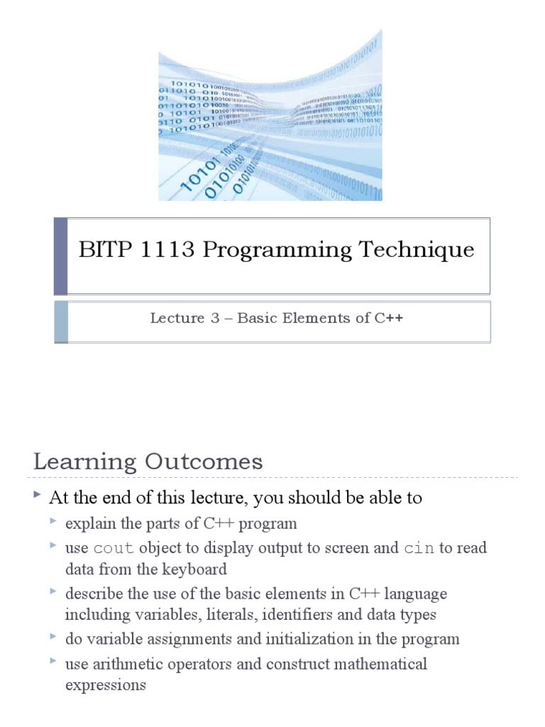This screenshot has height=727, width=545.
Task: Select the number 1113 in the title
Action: tap(168, 250)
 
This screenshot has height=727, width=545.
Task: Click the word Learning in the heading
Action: tap(84, 462)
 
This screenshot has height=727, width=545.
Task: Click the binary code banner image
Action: tap(270, 115)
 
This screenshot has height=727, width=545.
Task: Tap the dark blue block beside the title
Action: tap(60, 256)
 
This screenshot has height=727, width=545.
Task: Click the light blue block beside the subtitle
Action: tap(60, 322)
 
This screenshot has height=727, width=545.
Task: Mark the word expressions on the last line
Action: tap(105, 686)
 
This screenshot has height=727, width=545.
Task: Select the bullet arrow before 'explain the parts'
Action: tap(55, 523)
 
